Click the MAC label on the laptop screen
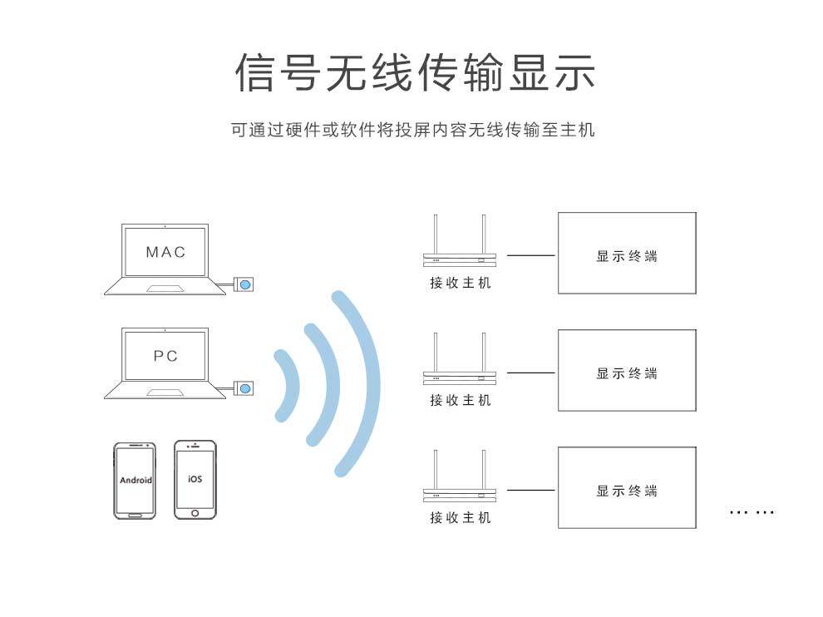[165, 252]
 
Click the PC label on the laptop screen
[165, 356]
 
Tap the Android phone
[135, 481]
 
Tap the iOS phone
[195, 480]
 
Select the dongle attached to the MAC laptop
[245, 284]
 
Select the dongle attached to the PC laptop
[245, 387]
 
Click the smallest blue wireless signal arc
[289, 384]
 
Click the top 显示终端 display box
[626, 253]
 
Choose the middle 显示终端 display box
[626, 370]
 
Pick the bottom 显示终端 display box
[626, 487]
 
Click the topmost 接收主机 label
[460, 283]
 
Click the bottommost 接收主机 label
[460, 518]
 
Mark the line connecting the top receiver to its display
[530, 255]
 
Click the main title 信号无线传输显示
[415, 73]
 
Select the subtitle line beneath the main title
[413, 131]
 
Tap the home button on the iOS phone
[195, 512]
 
